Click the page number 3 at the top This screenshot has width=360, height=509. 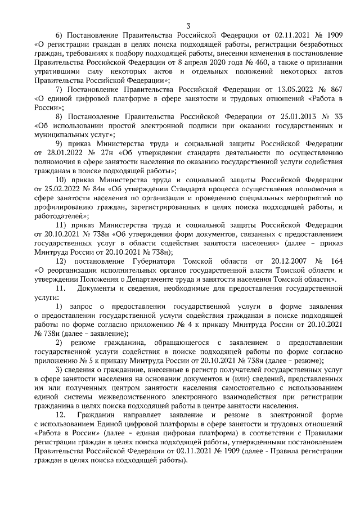[188, 25]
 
